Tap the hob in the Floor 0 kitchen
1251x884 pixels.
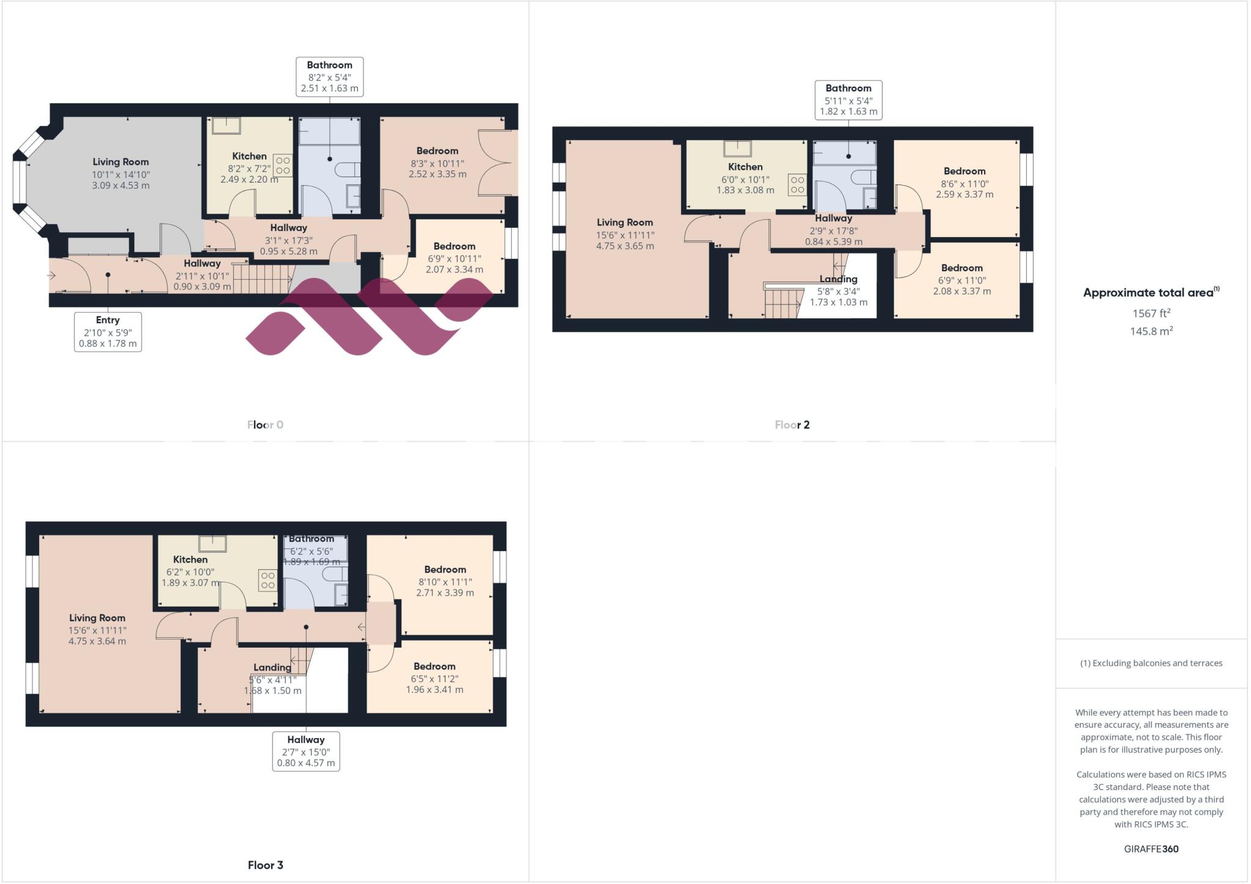point(283,164)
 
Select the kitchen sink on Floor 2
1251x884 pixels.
point(737,148)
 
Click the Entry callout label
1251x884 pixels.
point(108,332)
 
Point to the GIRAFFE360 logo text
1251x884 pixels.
point(1151,849)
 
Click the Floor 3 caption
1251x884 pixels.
point(265,864)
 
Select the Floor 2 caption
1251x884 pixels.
point(792,425)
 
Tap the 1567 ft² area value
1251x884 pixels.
point(1151,313)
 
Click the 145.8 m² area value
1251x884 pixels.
point(1151,331)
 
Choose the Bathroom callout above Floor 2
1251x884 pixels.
point(848,100)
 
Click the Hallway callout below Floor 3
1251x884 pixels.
point(305,751)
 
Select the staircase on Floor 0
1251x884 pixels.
point(261,277)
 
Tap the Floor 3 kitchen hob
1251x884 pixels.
point(268,580)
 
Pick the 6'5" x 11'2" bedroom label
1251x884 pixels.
point(434,678)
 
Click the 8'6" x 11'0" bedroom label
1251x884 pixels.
point(965,183)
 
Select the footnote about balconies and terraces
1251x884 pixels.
point(1151,663)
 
